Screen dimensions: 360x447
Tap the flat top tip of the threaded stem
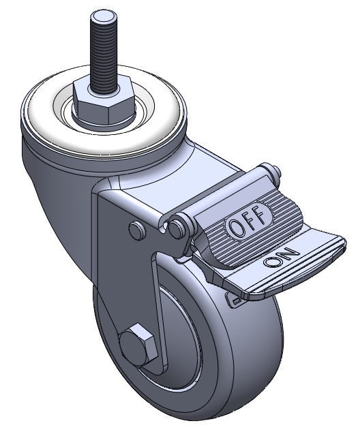click(104, 18)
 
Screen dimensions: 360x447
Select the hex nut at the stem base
click(104, 102)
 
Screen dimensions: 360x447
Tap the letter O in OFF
click(236, 229)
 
